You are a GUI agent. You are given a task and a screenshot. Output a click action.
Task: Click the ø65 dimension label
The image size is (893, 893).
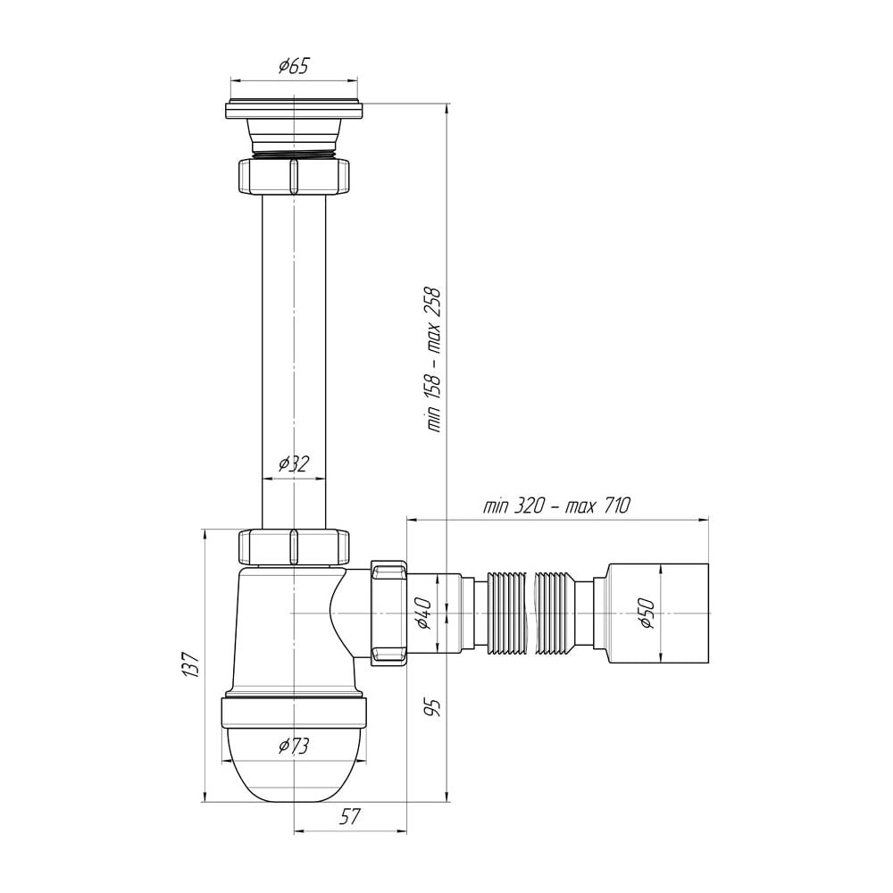[293, 66]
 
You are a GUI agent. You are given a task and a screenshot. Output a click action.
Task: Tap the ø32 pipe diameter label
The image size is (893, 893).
[293, 463]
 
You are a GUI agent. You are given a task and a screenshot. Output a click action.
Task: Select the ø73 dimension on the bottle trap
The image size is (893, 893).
[293, 746]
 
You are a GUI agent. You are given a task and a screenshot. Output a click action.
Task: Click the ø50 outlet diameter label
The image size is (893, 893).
[647, 613]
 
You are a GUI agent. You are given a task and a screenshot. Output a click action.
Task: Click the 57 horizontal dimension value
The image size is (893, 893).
[350, 817]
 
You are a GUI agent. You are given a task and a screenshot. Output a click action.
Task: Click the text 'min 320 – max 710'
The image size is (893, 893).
[556, 505]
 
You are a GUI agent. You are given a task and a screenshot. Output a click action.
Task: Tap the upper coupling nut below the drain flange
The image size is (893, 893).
[293, 177]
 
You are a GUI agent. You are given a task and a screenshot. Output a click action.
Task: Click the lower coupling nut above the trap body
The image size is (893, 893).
[293, 547]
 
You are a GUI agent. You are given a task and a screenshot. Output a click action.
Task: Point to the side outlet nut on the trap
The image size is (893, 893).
[389, 613]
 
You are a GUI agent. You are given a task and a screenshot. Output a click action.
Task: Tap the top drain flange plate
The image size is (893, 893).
[293, 110]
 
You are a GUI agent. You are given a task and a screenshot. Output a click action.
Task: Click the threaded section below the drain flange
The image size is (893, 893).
[293, 154]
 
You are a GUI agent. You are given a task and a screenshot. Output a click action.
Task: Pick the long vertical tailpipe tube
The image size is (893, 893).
[293, 363]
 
